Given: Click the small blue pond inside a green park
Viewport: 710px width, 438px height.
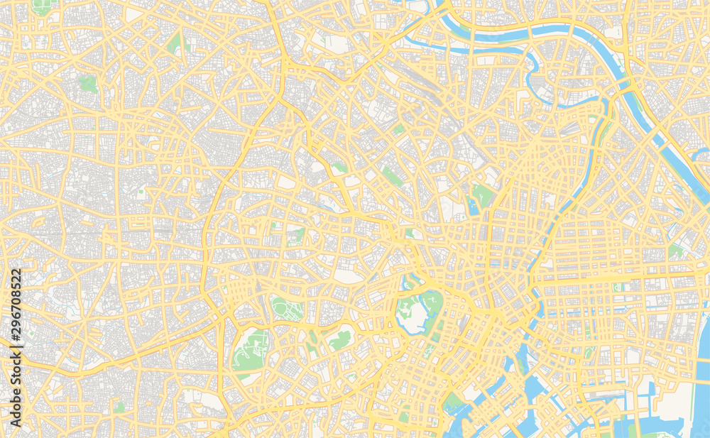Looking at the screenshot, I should click(x=474, y=207).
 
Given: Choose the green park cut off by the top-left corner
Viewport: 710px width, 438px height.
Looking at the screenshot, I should click(x=43, y=7).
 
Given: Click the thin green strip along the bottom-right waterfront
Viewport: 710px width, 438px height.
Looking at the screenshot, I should click(x=660, y=434).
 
